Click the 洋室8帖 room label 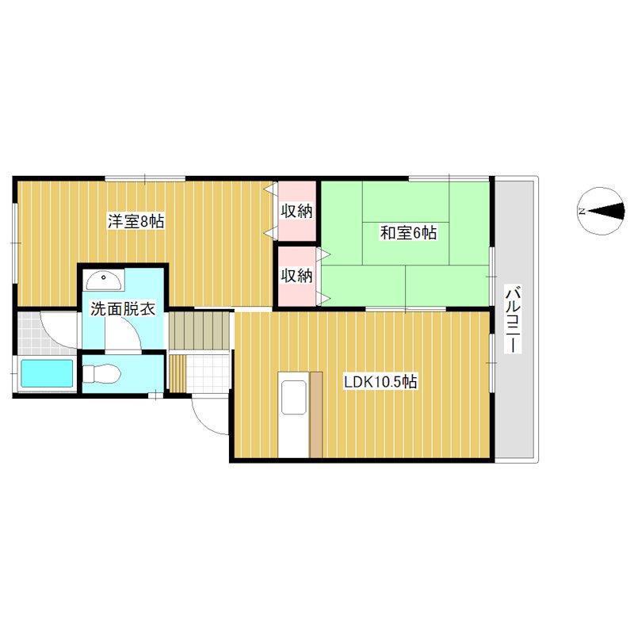(x=136, y=221)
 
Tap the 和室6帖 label (x=408, y=233)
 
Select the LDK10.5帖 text (x=380, y=381)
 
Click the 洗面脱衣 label (x=123, y=309)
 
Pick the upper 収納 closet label (x=297, y=211)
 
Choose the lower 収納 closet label (x=297, y=276)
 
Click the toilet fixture (x=101, y=373)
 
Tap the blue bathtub (x=47, y=374)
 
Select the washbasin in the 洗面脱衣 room (x=104, y=280)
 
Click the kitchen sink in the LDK (x=293, y=397)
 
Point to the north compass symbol (x=602, y=211)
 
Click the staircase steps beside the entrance (x=200, y=330)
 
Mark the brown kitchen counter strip (x=316, y=414)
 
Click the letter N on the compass (x=582, y=211)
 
